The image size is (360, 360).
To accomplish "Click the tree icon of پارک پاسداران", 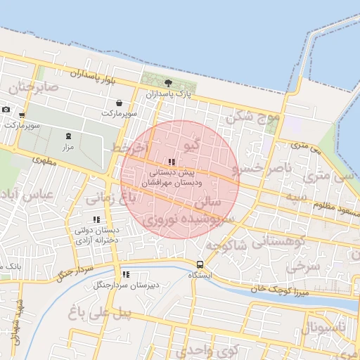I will (167, 84).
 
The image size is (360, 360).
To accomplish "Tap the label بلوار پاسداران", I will (91, 75).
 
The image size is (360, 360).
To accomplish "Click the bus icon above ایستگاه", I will (200, 265).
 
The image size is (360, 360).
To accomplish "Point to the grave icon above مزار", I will (68, 136).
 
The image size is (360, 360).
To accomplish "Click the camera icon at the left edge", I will (6, 109).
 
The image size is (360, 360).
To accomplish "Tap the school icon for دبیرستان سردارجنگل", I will (126, 275).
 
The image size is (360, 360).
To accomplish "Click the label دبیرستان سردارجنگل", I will (124, 285).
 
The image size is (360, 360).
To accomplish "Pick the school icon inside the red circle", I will (172, 162).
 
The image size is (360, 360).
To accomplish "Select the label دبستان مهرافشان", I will (172, 182).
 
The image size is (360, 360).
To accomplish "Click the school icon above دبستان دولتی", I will (96, 220).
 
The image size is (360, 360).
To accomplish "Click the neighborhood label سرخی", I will (303, 268).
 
